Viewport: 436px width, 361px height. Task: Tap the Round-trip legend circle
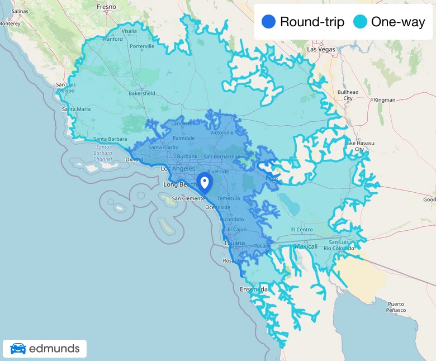[x=268, y=22]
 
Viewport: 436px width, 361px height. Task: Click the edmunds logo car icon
[x=18, y=349]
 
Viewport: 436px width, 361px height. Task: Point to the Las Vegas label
[x=321, y=49]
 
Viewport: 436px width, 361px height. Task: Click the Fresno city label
[x=106, y=7]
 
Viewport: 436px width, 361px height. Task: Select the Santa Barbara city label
[x=110, y=139]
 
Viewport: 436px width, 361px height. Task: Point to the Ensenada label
[x=254, y=289]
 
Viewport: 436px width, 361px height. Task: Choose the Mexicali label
[x=306, y=246]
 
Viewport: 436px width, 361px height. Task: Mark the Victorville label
[x=222, y=132]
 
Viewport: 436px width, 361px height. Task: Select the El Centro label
[x=302, y=230]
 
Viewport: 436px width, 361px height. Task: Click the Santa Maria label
[x=76, y=109]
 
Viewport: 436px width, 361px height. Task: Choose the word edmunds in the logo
[x=54, y=349]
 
